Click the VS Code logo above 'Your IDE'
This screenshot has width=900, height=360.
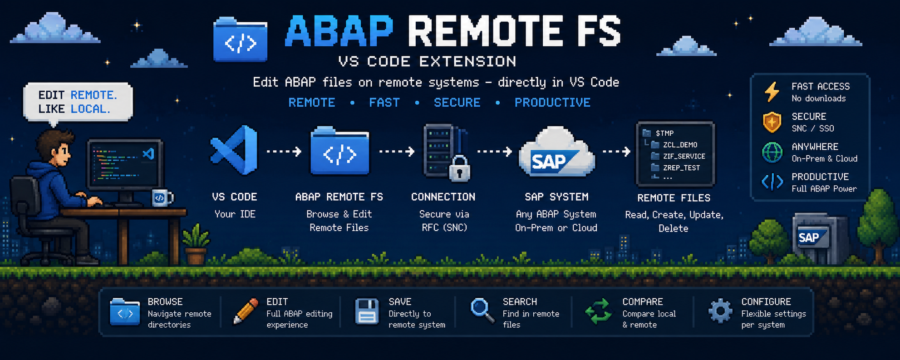[x=234, y=150]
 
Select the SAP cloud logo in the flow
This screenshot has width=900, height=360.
[x=556, y=153]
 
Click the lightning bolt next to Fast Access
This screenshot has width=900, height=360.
[x=772, y=92]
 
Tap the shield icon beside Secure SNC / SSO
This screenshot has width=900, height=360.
[x=772, y=122]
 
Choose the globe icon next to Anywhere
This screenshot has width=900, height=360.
[x=772, y=153]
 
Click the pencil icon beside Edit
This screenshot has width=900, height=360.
[x=245, y=311]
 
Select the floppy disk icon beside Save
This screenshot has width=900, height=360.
[x=366, y=311]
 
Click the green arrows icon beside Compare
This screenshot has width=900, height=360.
[x=599, y=311]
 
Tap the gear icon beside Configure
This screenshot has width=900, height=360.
[x=720, y=311]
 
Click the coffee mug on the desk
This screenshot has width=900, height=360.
[x=162, y=198]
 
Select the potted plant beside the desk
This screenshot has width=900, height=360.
[x=196, y=244]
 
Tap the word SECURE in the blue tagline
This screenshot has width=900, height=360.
[x=457, y=103]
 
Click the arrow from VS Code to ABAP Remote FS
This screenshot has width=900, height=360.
[x=284, y=151]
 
